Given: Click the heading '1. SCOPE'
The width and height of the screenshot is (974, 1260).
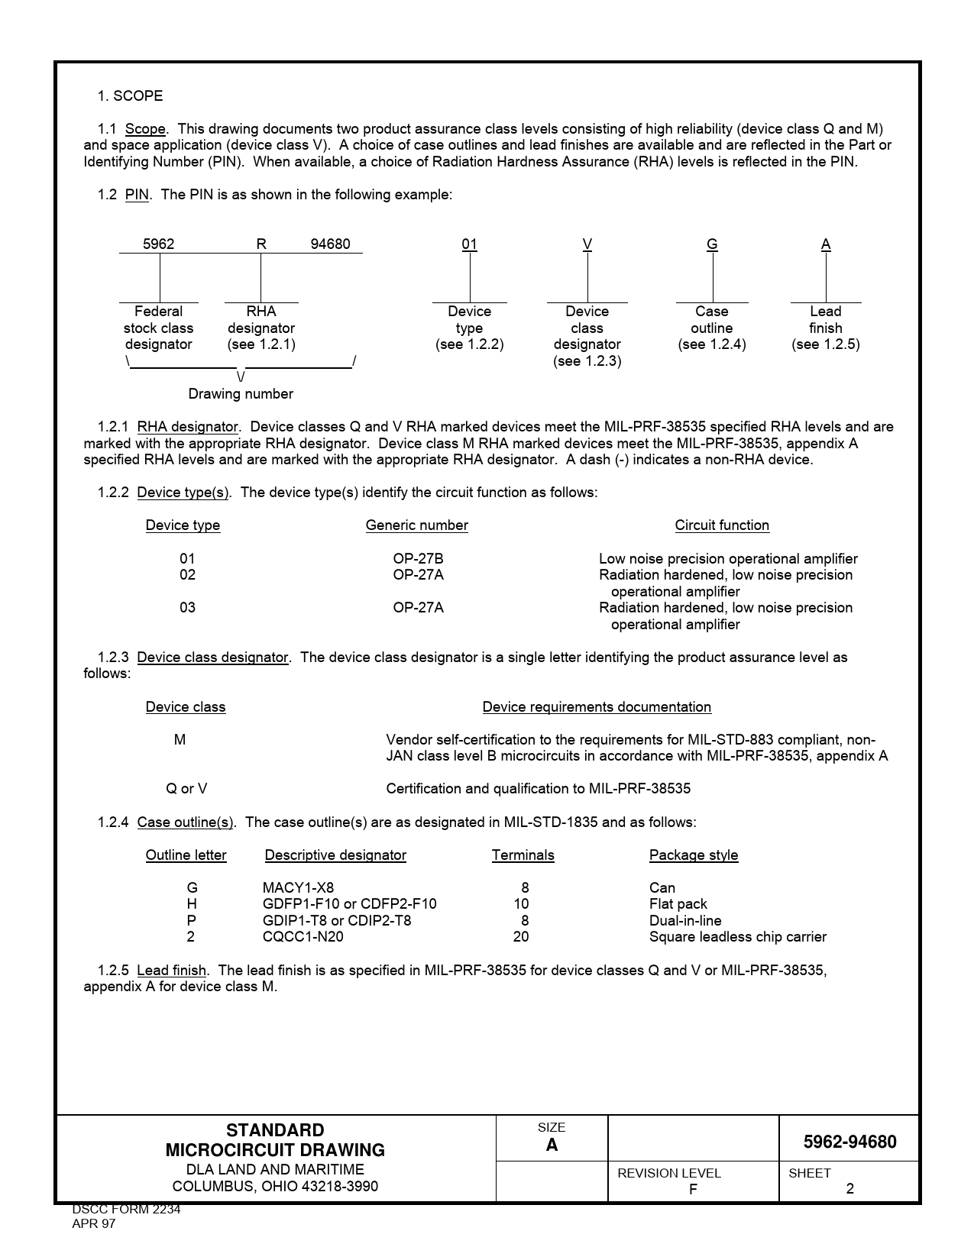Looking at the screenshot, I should (x=130, y=95).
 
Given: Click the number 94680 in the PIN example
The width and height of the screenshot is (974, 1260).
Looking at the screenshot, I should (x=330, y=244).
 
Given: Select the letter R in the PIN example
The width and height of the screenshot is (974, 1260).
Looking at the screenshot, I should (x=261, y=244).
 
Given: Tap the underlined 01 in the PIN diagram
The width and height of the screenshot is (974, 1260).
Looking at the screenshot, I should (x=469, y=244).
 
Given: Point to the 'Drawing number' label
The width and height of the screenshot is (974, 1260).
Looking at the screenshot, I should (x=241, y=394).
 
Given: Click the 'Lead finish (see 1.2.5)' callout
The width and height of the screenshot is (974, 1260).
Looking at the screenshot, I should (x=826, y=328).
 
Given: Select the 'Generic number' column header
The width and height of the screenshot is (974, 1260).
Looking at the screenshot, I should (x=416, y=525).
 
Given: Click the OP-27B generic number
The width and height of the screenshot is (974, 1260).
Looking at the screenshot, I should (x=418, y=559).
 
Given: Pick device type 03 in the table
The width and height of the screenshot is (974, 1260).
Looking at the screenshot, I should (x=187, y=608).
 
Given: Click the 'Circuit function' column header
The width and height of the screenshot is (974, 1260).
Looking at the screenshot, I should (x=722, y=525).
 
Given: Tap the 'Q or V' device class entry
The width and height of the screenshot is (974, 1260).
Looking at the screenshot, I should (x=186, y=789).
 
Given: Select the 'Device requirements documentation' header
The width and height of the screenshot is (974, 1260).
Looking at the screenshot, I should (x=597, y=707).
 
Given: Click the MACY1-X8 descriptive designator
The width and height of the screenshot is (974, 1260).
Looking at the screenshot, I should (x=298, y=888).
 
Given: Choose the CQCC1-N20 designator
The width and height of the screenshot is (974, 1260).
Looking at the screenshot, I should (x=303, y=937).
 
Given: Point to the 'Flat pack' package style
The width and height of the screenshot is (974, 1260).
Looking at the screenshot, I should (x=678, y=904).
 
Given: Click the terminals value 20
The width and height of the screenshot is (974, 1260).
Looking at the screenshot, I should (x=521, y=937).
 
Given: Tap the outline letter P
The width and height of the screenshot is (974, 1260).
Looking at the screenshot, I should (x=191, y=921).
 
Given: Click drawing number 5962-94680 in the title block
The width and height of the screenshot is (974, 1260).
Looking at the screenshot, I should (x=849, y=1142).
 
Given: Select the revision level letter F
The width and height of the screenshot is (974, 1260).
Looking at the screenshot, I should (x=693, y=1189).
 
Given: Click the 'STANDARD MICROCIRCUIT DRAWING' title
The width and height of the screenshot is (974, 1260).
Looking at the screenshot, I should (x=275, y=1140).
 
